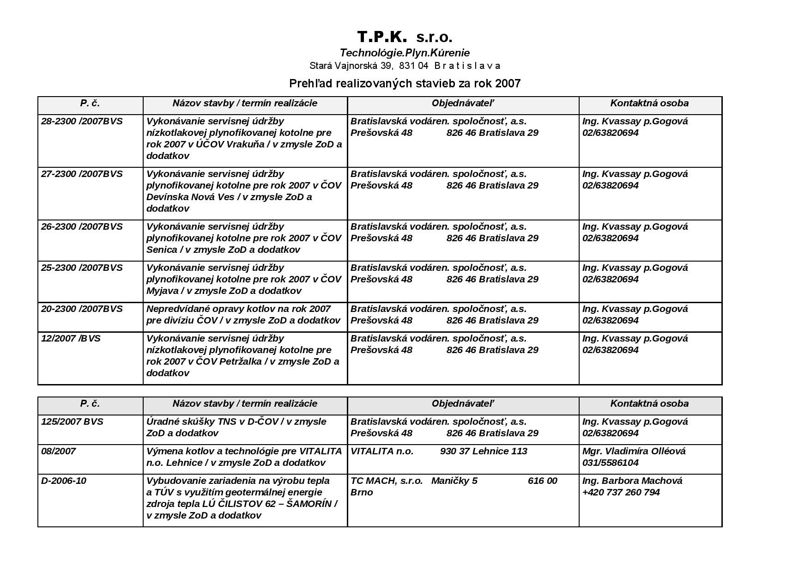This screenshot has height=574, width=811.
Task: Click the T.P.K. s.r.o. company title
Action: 405,37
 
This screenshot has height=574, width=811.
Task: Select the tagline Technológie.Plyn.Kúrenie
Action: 405,53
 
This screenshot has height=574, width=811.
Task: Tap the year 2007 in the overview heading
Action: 508,84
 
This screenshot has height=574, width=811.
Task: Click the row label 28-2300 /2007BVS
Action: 82,121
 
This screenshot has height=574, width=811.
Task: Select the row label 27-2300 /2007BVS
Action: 82,174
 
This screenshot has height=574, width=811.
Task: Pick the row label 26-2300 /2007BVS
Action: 82,226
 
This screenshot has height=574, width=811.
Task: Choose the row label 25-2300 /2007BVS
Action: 82,268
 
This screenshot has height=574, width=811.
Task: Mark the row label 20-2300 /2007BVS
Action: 82,309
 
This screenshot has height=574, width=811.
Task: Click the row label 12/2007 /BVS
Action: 71,338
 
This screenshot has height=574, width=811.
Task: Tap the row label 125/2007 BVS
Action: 72,421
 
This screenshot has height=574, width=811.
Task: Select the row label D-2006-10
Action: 64,481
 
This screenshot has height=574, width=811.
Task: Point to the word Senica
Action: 162,250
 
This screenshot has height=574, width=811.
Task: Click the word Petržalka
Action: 240,361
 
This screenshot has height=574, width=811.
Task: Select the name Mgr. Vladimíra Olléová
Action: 634,451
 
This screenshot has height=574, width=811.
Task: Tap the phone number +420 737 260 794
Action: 621,492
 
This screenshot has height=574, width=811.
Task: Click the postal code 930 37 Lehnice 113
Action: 484,451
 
